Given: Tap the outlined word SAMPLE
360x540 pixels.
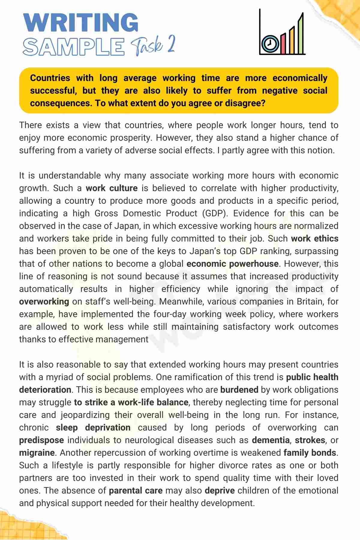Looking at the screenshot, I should pos(73,47).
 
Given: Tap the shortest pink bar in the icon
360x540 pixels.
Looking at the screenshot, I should pos(283,44).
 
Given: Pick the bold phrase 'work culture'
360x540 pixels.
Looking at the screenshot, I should pos(112,188).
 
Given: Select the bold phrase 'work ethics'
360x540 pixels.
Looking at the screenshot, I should pos(315,238).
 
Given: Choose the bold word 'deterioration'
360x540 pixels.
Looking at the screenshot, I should pos(45,390).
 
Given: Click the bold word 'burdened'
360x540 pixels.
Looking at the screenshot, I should pos(239,390).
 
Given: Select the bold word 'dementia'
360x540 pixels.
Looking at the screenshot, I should pos(271,440).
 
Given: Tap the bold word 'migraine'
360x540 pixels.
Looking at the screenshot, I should pos(37,453).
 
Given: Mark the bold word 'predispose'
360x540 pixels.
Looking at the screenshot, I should pos(41,440).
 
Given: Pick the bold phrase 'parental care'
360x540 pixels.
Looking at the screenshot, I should pos(136,490).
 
